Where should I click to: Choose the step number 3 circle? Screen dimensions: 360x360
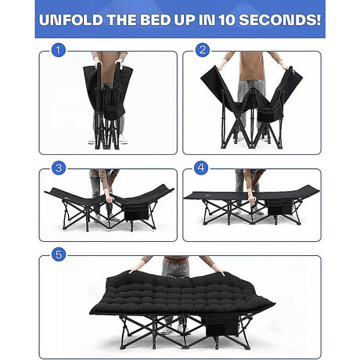tap(56, 168)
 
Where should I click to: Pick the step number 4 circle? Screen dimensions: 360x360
tap(202, 168)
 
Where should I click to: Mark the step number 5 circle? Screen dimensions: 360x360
tap(56, 255)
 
